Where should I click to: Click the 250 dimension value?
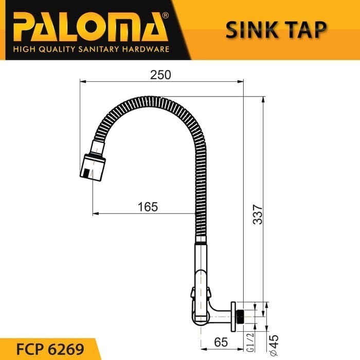pyautogui.click(x=160, y=74)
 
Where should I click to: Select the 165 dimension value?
pyautogui.click(x=148, y=207)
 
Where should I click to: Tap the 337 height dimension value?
pyautogui.click(x=258, y=215)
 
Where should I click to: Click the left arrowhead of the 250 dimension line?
pyautogui.click(x=84, y=81)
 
